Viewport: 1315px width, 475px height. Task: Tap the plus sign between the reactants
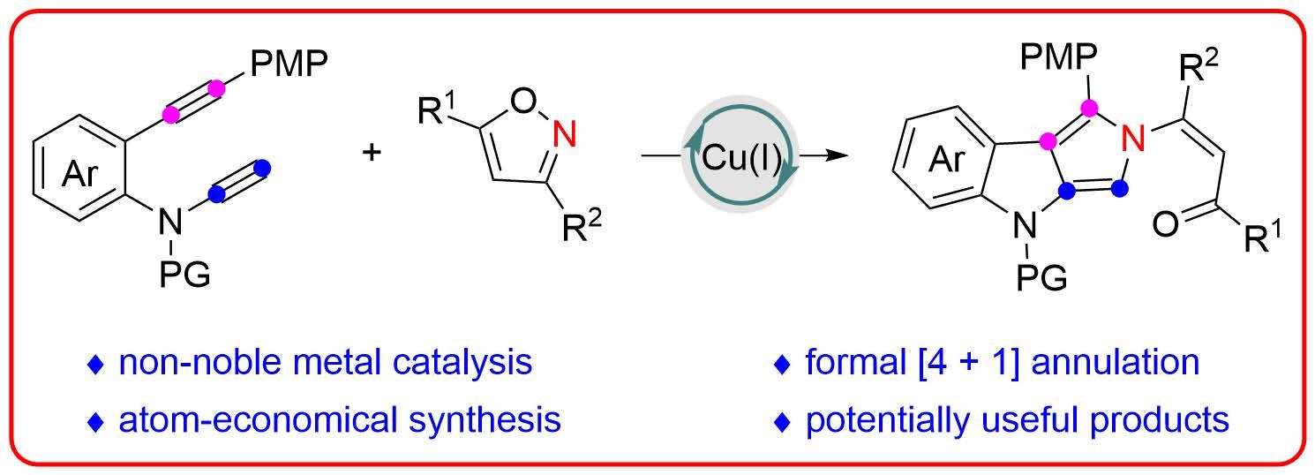[374, 152]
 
